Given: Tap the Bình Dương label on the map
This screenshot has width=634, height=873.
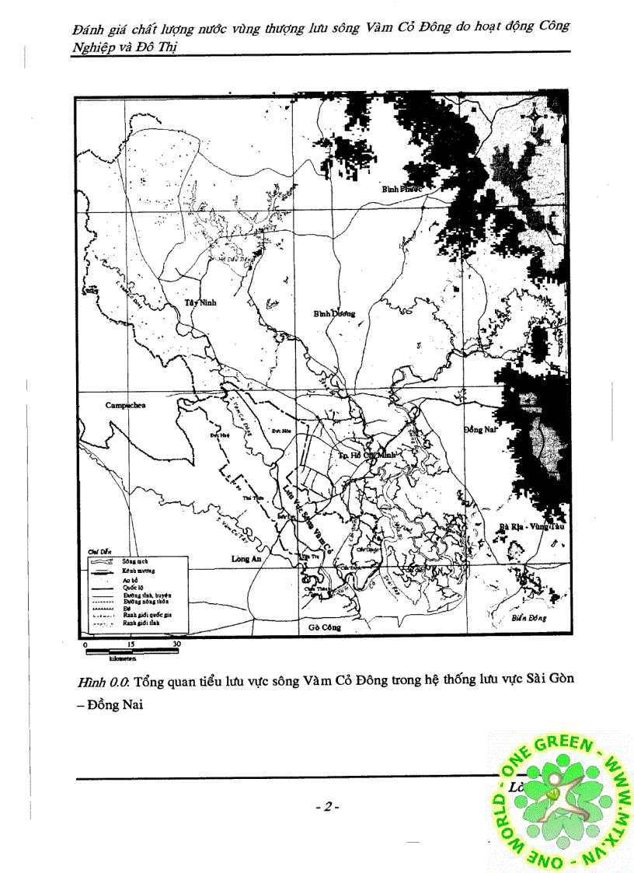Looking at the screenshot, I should [x=334, y=313].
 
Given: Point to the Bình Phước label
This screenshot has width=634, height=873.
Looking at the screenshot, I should [x=401, y=189].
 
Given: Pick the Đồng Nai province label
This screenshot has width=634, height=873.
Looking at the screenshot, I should [x=483, y=429].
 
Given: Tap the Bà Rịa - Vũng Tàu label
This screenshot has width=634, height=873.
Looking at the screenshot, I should [x=531, y=526].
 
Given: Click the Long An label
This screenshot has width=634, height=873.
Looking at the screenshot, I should [x=246, y=558].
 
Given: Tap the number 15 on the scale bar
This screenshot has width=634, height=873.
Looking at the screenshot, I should [x=131, y=644].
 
